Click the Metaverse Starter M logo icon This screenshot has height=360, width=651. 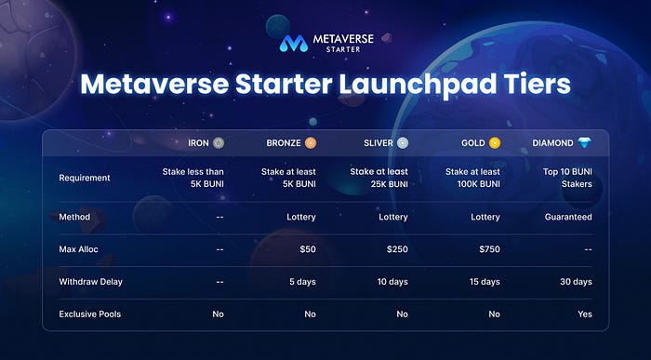pos(294,43)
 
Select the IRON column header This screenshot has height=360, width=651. pos(198,143)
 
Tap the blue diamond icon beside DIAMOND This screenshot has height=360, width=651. pos(585,143)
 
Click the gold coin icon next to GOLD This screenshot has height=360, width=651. pos(495,143)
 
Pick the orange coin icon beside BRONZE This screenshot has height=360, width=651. pos(310,143)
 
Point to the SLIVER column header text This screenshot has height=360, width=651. pos(379,143)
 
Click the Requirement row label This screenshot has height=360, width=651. pos(85,178)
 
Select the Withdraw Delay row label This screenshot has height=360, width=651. pos(91,282)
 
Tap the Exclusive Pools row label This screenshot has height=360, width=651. pos(90,313)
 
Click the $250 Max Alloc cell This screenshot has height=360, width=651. pos(397,249)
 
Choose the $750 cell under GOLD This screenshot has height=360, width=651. pos(489,249)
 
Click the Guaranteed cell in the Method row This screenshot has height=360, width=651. pos(568,217)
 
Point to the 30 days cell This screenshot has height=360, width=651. pos(576,282)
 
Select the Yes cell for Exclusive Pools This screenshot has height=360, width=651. pos(585,313)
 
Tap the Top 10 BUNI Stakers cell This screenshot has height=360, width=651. pos(567,178)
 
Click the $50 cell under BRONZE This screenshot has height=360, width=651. pos(308,249)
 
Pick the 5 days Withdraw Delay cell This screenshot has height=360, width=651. pos(302,282)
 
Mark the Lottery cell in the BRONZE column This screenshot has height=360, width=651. pos(301,217)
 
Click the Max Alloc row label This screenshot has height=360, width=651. pos(79,249)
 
